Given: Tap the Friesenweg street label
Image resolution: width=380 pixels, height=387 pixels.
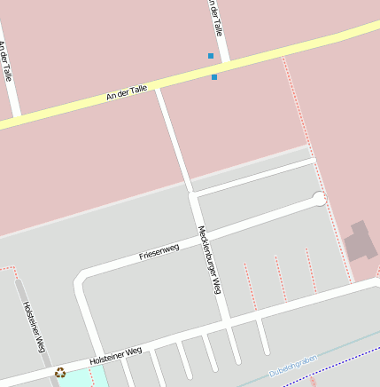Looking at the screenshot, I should [x=159, y=251].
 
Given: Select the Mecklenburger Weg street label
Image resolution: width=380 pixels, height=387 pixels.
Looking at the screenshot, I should [x=209, y=259].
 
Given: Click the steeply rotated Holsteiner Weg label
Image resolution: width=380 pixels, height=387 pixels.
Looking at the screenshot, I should [x=34, y=328].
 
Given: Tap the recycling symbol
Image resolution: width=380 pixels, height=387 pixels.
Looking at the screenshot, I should [x=60, y=374].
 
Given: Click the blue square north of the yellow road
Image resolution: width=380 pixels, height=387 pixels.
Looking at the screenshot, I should [x=211, y=56].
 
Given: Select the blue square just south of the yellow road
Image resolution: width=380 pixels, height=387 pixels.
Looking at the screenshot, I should [x=214, y=77].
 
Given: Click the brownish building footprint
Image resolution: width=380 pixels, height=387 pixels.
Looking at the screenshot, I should [x=360, y=241].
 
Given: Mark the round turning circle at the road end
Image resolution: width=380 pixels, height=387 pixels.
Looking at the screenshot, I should [x=320, y=199].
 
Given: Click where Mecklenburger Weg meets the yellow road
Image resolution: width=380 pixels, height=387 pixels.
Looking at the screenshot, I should [x=158, y=87].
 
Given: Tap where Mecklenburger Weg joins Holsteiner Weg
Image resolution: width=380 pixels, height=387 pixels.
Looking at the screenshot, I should [x=227, y=319].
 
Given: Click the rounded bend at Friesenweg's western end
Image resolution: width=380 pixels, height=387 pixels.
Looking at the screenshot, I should [x=82, y=281].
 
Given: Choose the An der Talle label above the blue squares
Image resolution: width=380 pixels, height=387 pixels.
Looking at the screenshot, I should [x=213, y=15].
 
